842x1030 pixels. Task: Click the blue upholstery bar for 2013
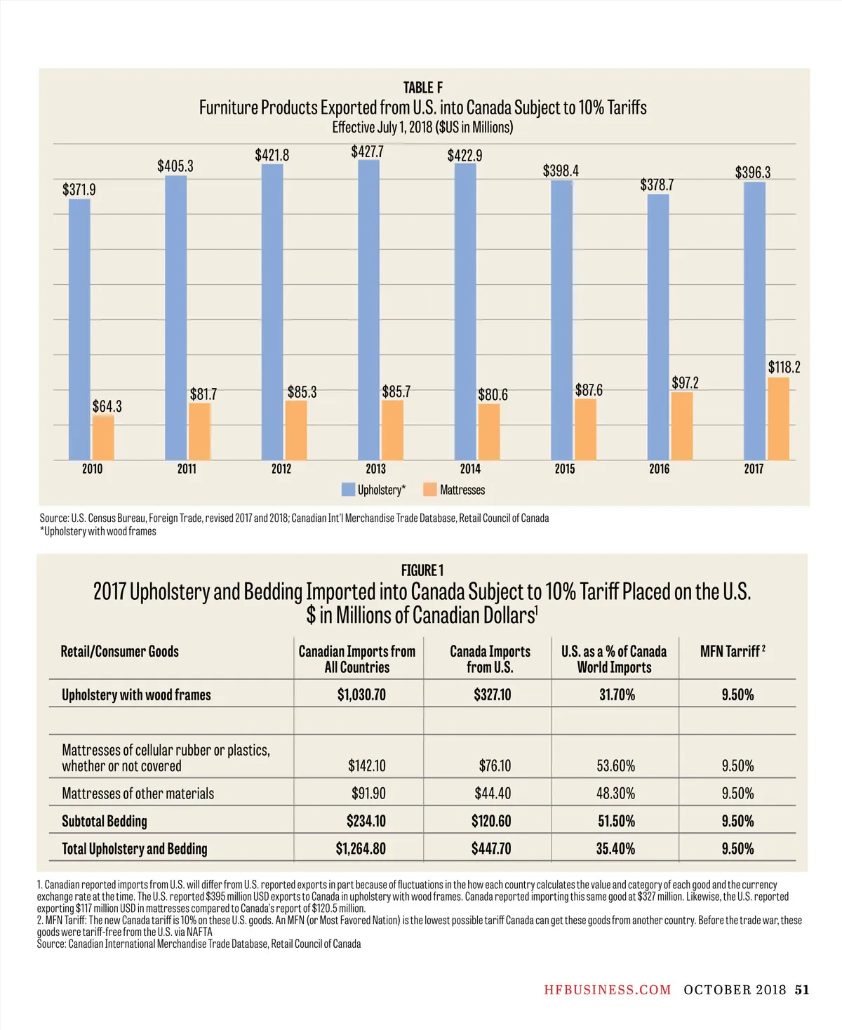point(368,309)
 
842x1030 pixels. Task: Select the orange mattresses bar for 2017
point(778,419)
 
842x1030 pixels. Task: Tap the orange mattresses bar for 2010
point(103,438)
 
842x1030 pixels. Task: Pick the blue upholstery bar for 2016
point(657,326)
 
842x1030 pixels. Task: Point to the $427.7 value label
point(367,152)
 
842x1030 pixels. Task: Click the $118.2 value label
point(784,367)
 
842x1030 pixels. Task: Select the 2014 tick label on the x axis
point(470,469)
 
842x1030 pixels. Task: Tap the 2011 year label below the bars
point(187,469)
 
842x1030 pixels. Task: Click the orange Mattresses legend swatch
point(430,490)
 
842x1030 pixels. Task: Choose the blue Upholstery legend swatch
point(348,490)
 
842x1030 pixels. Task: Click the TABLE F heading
point(422,88)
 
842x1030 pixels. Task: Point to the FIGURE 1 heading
point(422,570)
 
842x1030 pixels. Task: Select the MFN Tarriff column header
point(733,651)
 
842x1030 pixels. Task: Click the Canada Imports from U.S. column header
point(490,659)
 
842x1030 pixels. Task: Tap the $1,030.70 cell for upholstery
point(361,695)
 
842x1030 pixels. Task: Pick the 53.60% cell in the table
point(615,765)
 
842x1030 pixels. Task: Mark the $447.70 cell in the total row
point(491,848)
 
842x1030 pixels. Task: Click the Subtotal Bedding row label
point(105,821)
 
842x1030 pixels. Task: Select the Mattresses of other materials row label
point(138,794)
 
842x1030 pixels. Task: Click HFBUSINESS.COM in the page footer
point(608,990)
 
